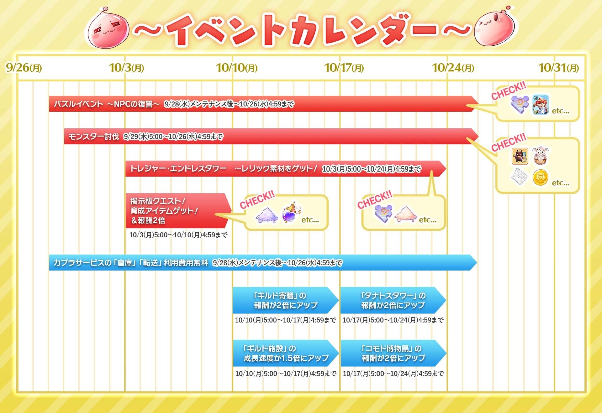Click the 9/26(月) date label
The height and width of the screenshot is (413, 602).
click(x=24, y=68)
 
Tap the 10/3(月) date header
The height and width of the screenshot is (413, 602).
click(x=126, y=68)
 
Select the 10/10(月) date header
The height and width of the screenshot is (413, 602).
click(x=237, y=68)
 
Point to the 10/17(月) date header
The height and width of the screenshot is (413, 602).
click(x=344, y=68)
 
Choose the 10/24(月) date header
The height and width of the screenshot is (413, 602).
click(x=453, y=68)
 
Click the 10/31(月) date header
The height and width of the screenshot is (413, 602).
click(x=558, y=68)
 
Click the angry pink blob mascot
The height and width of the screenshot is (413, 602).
click(x=108, y=30)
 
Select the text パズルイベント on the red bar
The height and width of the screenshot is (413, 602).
click(x=78, y=104)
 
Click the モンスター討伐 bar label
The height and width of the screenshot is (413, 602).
click(x=94, y=137)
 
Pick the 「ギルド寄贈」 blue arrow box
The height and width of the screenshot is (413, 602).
click(x=285, y=300)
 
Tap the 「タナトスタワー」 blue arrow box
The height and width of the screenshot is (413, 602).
click(x=393, y=300)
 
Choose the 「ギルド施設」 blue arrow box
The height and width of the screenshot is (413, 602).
click(x=285, y=353)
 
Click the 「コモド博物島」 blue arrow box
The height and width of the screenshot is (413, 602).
click(x=393, y=353)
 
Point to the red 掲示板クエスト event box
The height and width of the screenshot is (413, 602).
click(x=177, y=210)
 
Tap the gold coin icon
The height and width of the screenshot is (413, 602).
click(x=541, y=178)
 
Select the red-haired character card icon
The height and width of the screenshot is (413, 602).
click(x=541, y=105)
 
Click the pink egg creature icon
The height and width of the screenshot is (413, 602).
click(x=541, y=156)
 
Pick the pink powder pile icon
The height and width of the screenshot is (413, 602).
click(x=405, y=214)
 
